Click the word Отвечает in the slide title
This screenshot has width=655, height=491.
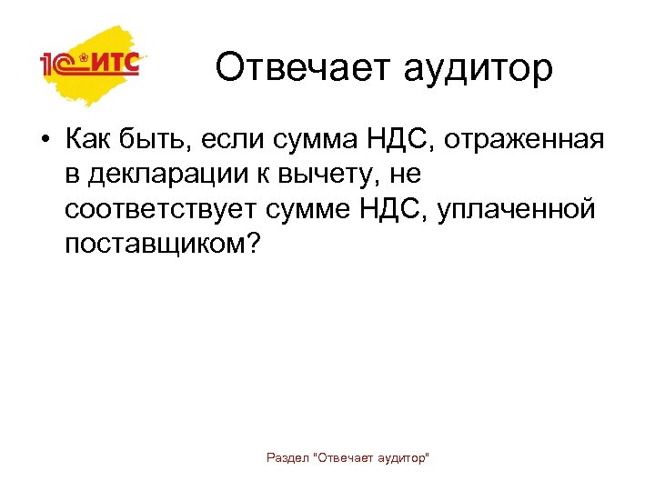click(x=290, y=68)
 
